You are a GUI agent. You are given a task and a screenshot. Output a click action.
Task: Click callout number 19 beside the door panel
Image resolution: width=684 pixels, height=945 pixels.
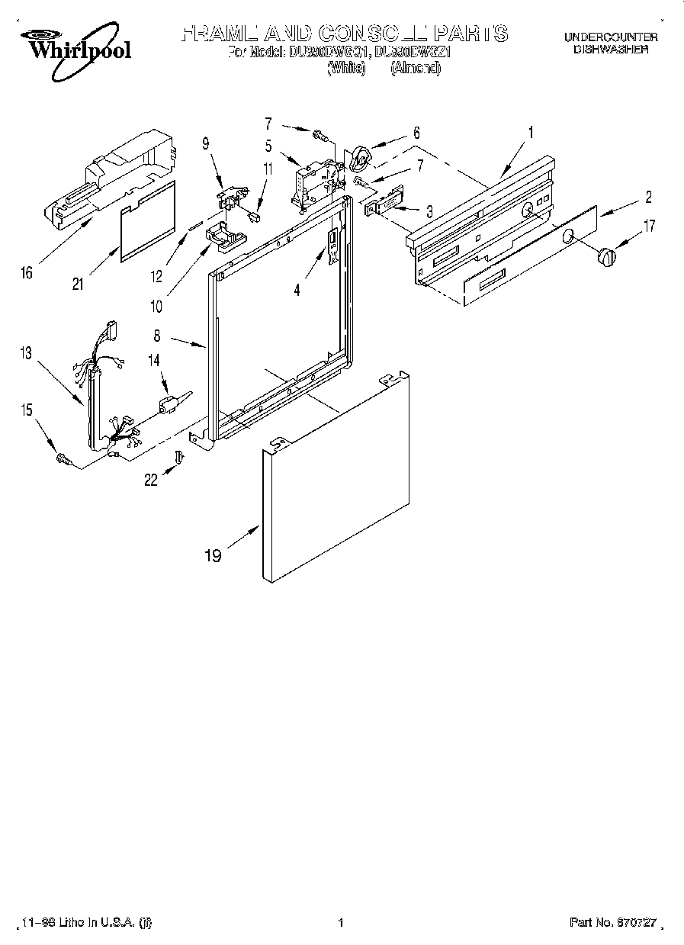pyautogui.click(x=213, y=555)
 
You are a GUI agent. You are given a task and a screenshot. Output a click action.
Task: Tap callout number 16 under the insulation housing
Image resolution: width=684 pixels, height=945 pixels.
pyautogui.click(x=27, y=273)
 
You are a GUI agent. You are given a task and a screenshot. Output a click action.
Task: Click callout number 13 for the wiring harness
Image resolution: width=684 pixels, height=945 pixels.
pyautogui.click(x=27, y=352)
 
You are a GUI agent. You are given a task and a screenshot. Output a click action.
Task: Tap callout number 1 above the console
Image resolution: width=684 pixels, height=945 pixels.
pyautogui.click(x=531, y=132)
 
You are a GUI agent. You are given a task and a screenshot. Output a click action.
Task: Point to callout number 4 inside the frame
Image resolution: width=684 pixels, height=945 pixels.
pyautogui.click(x=298, y=290)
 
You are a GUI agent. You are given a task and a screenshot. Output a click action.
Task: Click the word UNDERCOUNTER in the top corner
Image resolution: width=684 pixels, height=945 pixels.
pyautogui.click(x=610, y=37)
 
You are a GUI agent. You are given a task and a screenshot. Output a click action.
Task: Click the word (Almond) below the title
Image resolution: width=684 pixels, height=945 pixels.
pyautogui.click(x=416, y=69)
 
